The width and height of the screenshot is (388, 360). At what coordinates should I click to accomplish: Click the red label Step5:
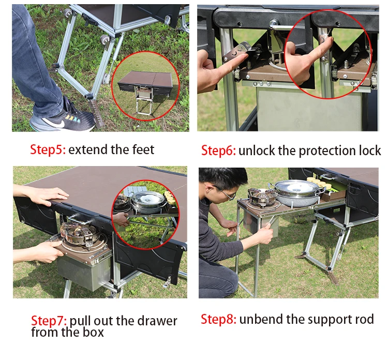[47, 150]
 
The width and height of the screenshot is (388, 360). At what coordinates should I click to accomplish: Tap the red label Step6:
[218, 151]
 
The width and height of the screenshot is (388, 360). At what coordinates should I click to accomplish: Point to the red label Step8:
[218, 319]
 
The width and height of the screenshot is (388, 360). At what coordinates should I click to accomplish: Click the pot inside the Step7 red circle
[145, 199]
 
